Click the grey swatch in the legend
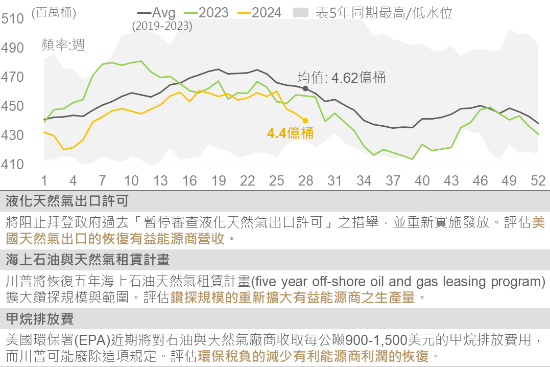tap(301, 13)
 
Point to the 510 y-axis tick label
tap(13, 19)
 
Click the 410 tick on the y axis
tap(13, 165)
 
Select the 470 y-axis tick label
tap(13, 77)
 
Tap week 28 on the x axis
tap(305, 180)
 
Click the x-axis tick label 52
tap(538, 180)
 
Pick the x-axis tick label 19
tap(219, 180)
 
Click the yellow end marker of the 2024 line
tap(305, 121)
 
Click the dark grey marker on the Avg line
tap(305, 88)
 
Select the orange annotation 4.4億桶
tap(290, 133)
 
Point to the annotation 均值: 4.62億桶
tap(342, 78)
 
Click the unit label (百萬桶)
tap(54, 13)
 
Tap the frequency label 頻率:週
tap(63, 45)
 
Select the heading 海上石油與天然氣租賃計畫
tap(87, 260)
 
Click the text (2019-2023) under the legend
tap(162, 26)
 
